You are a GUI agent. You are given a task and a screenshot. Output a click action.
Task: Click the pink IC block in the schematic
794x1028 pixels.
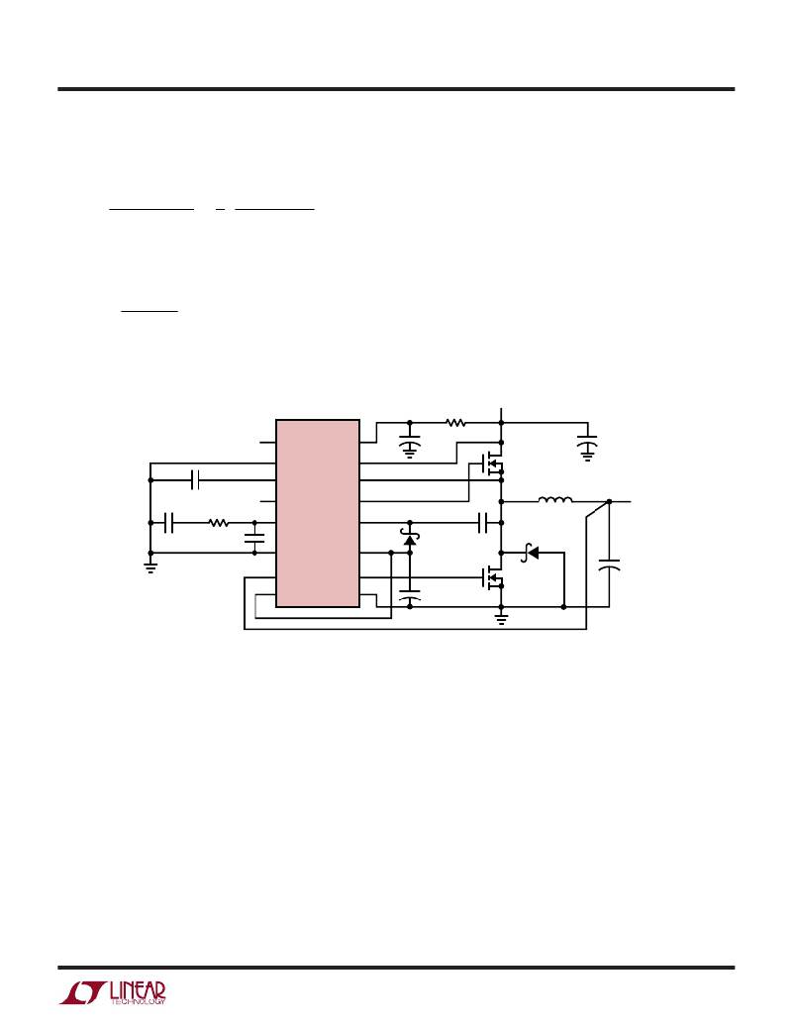[x=318, y=513]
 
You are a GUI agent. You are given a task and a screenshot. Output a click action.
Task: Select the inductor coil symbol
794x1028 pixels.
[x=554, y=500]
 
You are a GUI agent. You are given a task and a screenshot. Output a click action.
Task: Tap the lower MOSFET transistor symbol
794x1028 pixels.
[x=492, y=577]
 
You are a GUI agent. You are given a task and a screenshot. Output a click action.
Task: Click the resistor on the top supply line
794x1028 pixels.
[x=456, y=424]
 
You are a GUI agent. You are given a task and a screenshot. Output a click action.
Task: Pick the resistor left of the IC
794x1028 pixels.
[x=219, y=523]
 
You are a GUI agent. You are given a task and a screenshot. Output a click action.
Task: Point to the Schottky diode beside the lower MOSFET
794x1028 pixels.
[x=530, y=554]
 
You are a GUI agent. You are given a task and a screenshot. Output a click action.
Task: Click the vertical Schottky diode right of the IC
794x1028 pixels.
[x=411, y=538]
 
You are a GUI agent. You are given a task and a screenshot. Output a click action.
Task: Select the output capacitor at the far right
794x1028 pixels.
[x=609, y=565]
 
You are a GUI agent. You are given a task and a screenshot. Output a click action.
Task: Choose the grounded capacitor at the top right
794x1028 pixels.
[x=587, y=448]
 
